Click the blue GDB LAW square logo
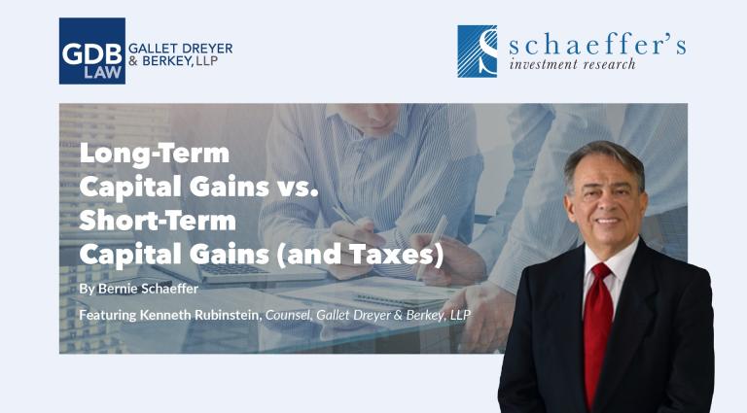click(92, 52)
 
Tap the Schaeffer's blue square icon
click(477, 52)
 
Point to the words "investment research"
click(572, 64)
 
